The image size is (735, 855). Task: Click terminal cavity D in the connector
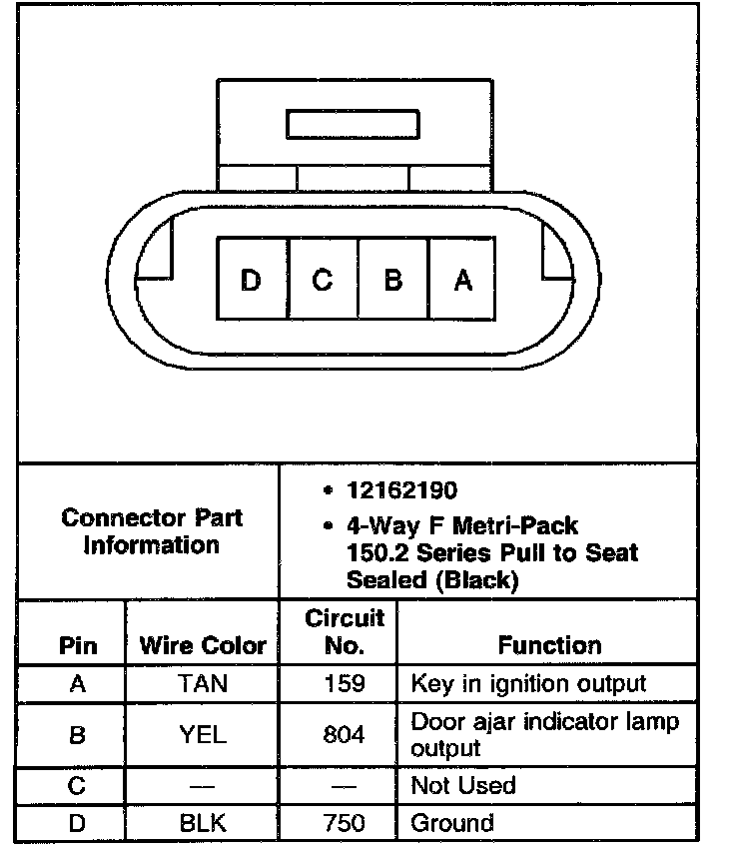click(x=252, y=280)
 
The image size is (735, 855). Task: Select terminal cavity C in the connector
click(x=323, y=280)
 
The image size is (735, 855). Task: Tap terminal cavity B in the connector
click(x=392, y=280)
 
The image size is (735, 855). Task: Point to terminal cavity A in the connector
click(x=462, y=280)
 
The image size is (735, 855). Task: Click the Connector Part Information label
click(x=152, y=531)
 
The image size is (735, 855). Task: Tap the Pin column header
click(x=78, y=645)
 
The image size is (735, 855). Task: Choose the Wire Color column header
click(x=203, y=645)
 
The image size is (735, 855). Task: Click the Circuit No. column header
click(x=344, y=631)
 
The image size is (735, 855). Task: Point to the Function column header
click(x=549, y=645)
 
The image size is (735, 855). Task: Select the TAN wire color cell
click(x=203, y=684)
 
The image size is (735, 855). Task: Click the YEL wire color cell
click(x=203, y=735)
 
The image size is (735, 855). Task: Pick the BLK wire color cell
click(x=203, y=823)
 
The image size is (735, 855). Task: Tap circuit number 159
click(x=344, y=684)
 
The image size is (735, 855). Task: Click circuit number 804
click(x=344, y=735)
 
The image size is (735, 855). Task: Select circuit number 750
click(x=344, y=823)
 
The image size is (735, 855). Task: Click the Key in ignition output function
click(x=528, y=684)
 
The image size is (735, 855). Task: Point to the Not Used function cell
click(x=463, y=785)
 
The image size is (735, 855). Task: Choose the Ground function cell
click(x=452, y=823)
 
